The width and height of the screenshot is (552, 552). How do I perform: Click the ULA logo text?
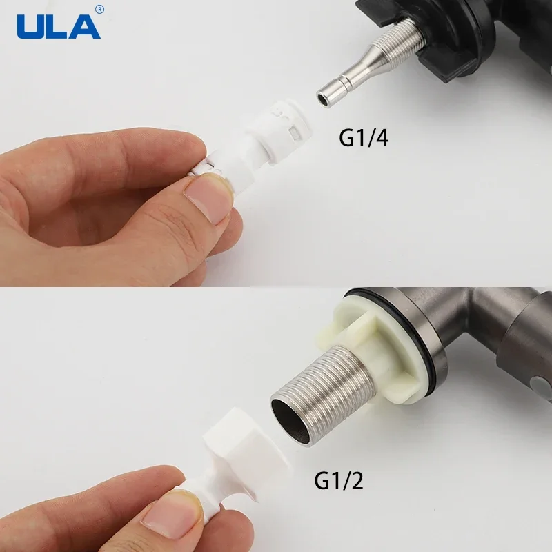(58, 26)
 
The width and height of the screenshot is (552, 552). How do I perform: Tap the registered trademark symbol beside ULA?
(99, 9)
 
